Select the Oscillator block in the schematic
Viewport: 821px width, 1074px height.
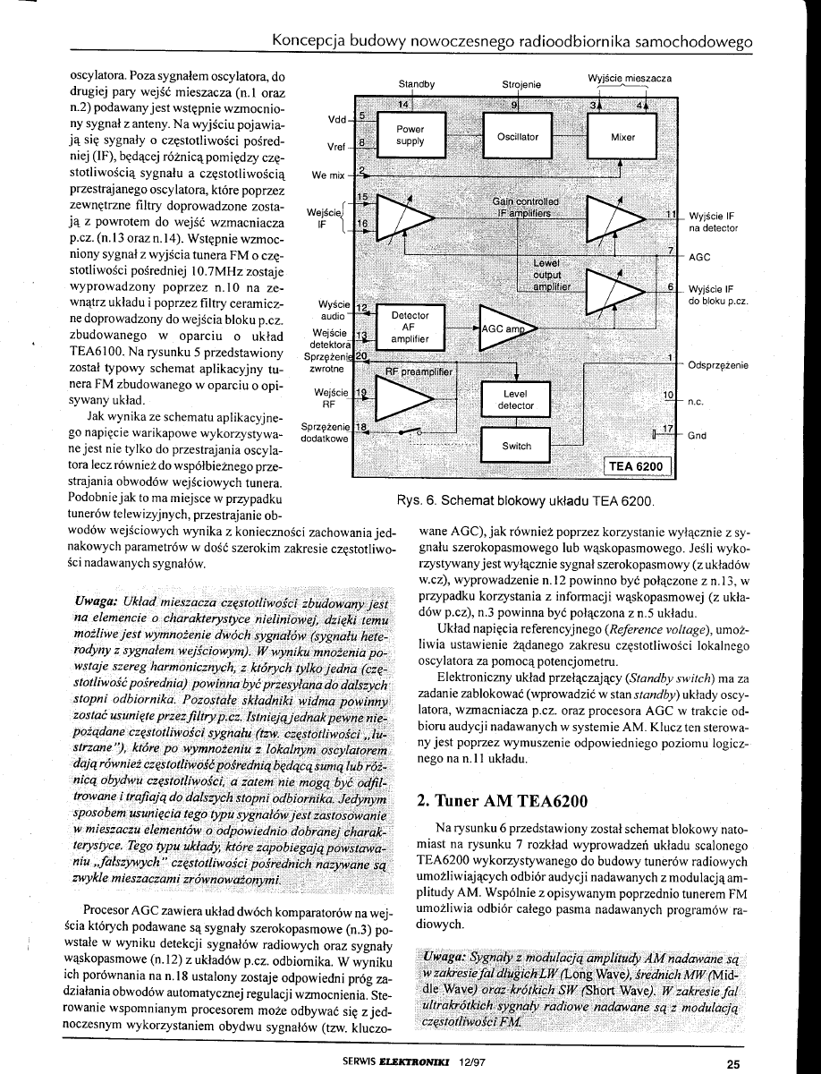click(518, 136)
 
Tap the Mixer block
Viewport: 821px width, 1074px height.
click(622, 137)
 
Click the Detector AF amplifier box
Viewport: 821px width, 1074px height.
click(410, 328)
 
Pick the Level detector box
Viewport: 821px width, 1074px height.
click(516, 399)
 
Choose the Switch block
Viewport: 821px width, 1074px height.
click(516, 446)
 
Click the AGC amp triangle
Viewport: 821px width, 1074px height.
click(503, 328)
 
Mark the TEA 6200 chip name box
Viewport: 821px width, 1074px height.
click(637, 466)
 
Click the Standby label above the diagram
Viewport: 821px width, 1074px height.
click(416, 85)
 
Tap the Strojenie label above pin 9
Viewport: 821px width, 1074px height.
click(521, 85)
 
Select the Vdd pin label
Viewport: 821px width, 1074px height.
click(337, 118)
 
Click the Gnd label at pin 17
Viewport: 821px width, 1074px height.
click(698, 436)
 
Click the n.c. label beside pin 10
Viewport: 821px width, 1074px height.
click(696, 401)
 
